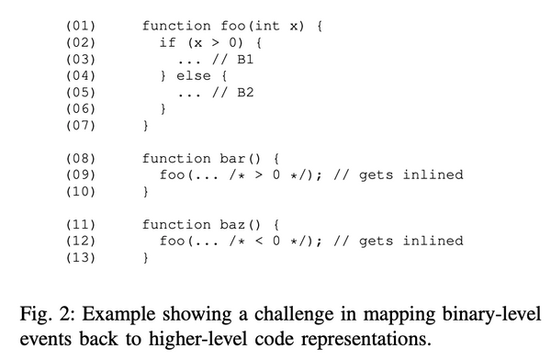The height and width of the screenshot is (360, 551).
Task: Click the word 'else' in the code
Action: (x=193, y=75)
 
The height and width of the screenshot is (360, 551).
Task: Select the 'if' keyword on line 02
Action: (x=167, y=43)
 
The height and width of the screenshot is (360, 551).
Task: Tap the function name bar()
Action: (x=233, y=159)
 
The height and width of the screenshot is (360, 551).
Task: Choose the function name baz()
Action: (x=233, y=225)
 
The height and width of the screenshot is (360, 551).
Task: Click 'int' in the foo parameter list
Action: (x=274, y=27)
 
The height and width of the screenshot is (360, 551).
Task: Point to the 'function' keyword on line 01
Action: (x=176, y=27)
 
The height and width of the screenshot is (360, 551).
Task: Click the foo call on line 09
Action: (x=172, y=175)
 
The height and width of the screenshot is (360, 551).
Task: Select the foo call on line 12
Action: (x=172, y=242)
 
